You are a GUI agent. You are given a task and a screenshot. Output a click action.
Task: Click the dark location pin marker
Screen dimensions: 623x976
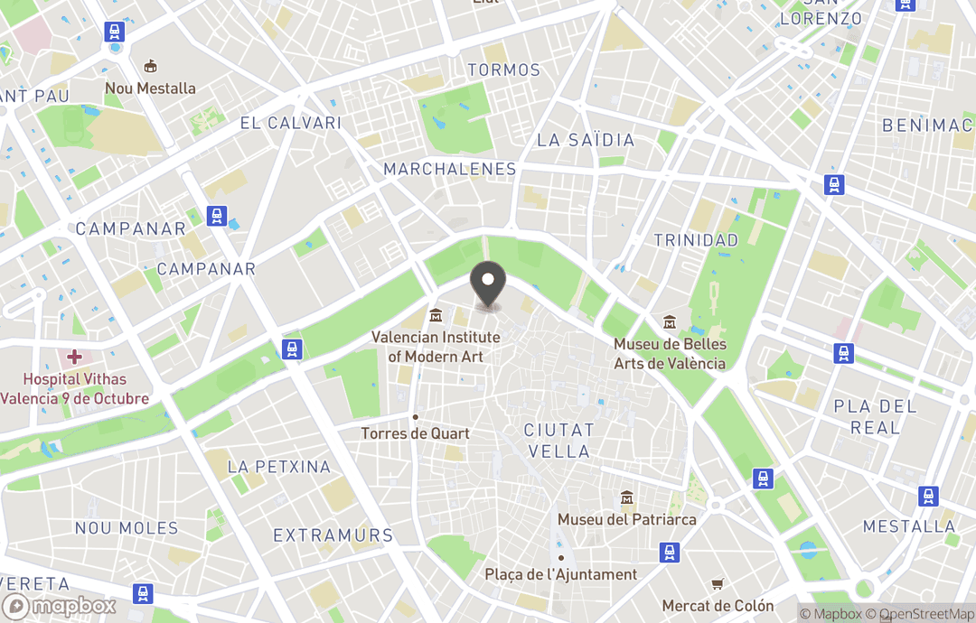[489, 283]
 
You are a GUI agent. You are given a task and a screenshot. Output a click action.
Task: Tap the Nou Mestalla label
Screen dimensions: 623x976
[150, 88]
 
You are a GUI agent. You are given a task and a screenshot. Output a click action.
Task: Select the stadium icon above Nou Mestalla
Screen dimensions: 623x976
[151, 66]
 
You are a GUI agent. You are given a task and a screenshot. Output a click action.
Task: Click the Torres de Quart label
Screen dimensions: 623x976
[416, 433]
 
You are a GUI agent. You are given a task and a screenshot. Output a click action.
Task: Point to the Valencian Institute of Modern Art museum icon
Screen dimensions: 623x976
[436, 315]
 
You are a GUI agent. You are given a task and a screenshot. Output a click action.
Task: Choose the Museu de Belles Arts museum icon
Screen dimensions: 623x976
[670, 322]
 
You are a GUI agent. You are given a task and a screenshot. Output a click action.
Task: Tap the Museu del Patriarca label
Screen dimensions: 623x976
[626, 519]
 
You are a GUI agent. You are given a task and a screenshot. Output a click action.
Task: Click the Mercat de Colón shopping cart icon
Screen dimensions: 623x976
[718, 584]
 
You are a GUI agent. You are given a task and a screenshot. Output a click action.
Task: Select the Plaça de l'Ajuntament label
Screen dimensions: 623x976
[560, 574]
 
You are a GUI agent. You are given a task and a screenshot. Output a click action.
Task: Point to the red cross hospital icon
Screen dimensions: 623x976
[74, 358]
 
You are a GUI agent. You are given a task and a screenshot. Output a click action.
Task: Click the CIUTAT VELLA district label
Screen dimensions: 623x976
[558, 441]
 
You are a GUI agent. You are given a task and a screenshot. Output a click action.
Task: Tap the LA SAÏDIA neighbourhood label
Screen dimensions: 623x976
[586, 140]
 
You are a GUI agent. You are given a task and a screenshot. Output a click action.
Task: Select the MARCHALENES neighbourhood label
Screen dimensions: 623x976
[449, 169]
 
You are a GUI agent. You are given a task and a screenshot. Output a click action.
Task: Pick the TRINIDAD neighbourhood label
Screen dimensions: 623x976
[696, 240]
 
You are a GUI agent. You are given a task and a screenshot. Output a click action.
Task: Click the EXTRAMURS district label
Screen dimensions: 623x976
[333, 535]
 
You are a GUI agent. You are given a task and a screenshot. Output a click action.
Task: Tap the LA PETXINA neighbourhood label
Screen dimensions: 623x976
[279, 467]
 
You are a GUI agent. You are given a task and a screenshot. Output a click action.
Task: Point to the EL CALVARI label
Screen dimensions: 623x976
[290, 123]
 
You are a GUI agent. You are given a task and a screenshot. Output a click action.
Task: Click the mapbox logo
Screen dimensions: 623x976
[60, 606]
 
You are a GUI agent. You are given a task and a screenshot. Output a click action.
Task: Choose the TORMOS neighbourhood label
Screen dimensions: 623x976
[503, 70]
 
